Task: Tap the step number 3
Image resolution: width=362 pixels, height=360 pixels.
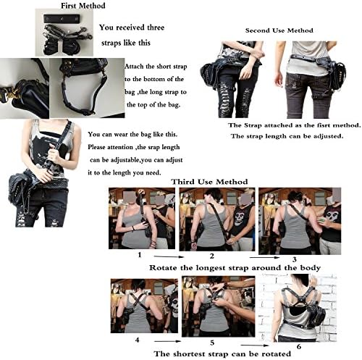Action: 295,259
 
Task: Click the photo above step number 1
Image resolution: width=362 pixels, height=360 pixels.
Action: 141,219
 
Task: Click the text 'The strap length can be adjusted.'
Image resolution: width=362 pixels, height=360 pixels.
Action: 283,135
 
